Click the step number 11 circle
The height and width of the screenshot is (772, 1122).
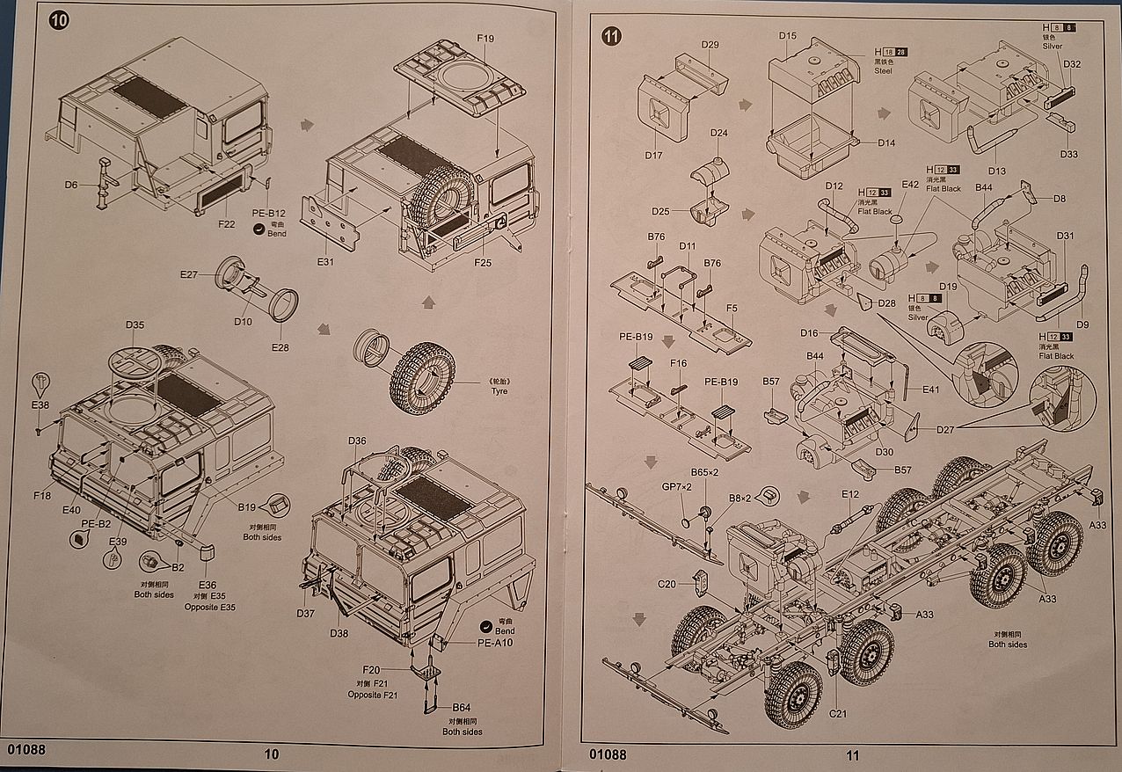(612, 36)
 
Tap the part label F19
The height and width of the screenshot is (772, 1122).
(485, 39)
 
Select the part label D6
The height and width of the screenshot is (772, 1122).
(71, 185)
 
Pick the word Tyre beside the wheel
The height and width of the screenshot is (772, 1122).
(499, 391)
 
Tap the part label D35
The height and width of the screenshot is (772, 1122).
(135, 324)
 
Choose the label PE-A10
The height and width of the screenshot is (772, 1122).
(495, 643)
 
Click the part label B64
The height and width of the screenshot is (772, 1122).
(462, 708)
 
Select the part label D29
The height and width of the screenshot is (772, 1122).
(710, 45)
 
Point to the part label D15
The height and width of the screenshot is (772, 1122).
(788, 36)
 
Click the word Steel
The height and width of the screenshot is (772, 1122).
(883, 71)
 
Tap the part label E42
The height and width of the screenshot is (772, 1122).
(910, 185)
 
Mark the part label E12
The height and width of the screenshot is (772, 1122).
(849, 494)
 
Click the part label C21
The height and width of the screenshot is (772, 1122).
(838, 713)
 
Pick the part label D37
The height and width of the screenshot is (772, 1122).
(305, 613)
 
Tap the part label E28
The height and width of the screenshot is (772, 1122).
(280, 347)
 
